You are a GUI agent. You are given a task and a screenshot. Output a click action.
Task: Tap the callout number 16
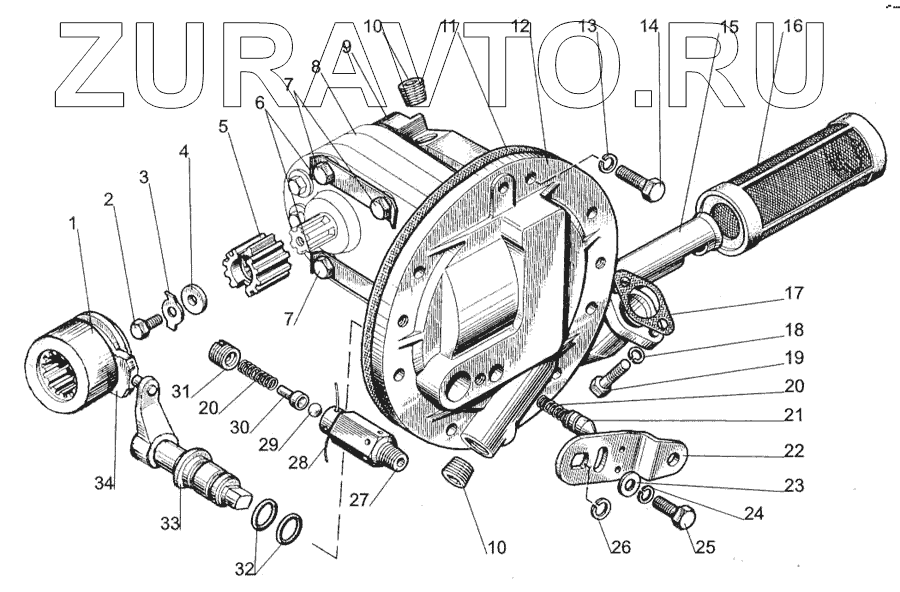pos(792,27)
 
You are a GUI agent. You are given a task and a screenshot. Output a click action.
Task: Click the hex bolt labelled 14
pos(642,182)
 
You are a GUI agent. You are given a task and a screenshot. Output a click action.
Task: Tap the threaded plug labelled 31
pos(225,354)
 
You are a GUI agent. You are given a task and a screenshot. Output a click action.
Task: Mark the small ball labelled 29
pos(313,409)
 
